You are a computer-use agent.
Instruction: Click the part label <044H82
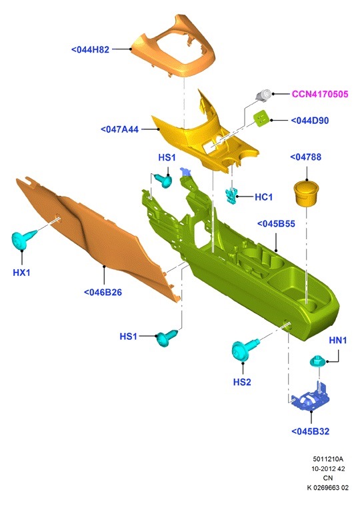pyautogui.click(x=90, y=49)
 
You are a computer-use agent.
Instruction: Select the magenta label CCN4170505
pyautogui.click(x=320, y=94)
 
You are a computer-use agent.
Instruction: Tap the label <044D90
pyautogui.click(x=310, y=121)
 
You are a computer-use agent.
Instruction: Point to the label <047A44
pyautogui.click(x=120, y=129)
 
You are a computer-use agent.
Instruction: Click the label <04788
pyautogui.click(x=305, y=157)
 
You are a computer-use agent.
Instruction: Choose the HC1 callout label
pyautogui.click(x=263, y=197)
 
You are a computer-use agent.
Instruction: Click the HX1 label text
pyautogui.click(x=22, y=272)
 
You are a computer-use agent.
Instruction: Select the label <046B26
pyautogui.click(x=103, y=292)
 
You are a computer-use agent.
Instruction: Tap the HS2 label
pyautogui.click(x=242, y=382)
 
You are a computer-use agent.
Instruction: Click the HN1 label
pyautogui.click(x=338, y=340)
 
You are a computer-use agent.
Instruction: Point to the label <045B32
pyautogui.click(x=310, y=431)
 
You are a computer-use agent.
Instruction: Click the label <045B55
pyautogui.click(x=276, y=224)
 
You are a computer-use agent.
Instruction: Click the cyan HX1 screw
pyautogui.click(x=23, y=239)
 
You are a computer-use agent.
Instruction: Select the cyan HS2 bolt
pyautogui.click(x=243, y=350)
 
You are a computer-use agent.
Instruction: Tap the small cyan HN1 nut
pyautogui.click(x=317, y=361)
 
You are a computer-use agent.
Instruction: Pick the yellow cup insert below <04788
pyautogui.click(x=305, y=193)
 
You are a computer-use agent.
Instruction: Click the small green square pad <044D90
pyautogui.click(x=262, y=118)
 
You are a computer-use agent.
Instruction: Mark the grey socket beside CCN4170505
pyautogui.click(x=264, y=95)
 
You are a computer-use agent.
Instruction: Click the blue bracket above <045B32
pyautogui.click(x=310, y=398)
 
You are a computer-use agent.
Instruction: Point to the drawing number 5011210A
pyautogui.click(x=328, y=459)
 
